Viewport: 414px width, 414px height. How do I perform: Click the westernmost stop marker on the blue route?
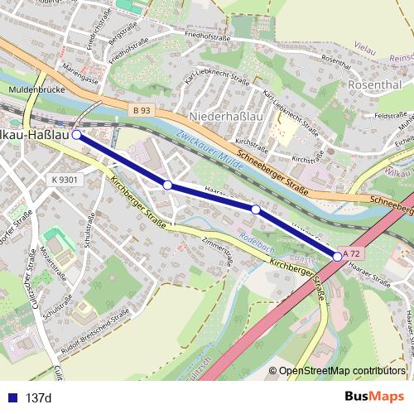point(76,133)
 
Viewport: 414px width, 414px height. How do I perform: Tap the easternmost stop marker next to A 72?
point(338,258)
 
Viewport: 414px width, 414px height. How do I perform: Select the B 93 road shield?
point(142,110)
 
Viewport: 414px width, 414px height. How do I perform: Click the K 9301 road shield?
point(64,179)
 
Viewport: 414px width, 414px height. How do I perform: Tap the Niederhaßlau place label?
point(225,116)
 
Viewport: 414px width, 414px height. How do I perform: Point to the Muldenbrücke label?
point(31,89)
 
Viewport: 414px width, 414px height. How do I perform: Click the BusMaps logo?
point(374,397)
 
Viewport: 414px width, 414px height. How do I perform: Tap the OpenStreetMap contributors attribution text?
point(342,371)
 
